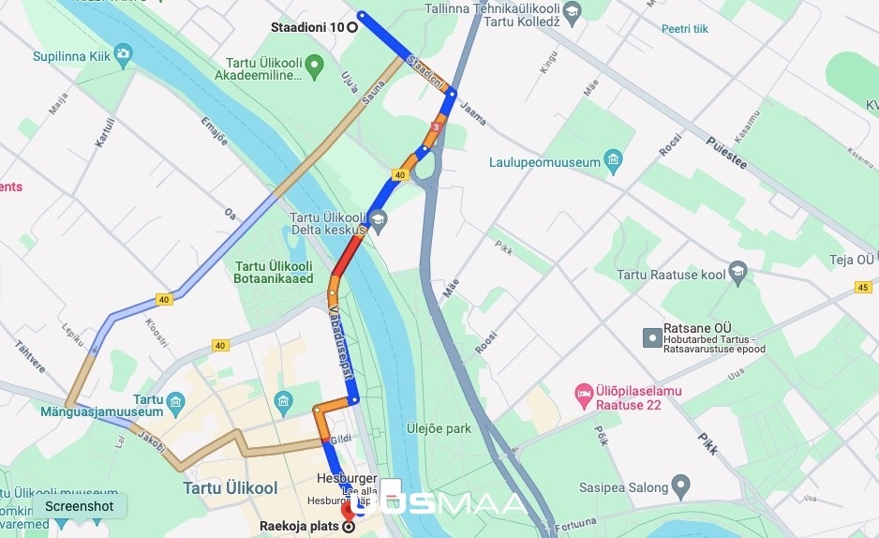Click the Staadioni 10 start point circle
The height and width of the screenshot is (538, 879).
point(352,26)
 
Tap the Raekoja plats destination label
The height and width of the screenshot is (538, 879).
point(300,526)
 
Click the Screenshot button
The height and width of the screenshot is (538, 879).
point(79,506)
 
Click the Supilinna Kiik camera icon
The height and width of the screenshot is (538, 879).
point(124,56)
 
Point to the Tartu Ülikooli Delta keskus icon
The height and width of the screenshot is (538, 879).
point(378,221)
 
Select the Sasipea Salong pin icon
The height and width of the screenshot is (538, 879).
point(681,486)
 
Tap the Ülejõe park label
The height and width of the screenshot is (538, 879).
point(438,428)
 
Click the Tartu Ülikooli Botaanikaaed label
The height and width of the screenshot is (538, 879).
point(274,272)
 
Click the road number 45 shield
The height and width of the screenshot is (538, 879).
point(863,287)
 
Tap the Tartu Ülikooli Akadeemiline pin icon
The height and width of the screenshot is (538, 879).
point(315,65)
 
